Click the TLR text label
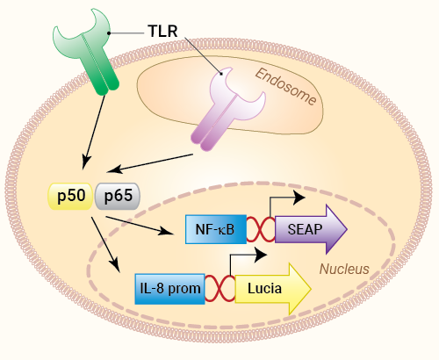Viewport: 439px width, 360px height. [x=162, y=31]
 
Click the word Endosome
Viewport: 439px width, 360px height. [x=286, y=87]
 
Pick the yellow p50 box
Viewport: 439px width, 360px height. [x=70, y=196]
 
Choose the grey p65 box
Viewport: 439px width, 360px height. [x=118, y=196]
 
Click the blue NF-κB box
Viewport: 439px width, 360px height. [x=216, y=229]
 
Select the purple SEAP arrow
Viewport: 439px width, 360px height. [x=311, y=229]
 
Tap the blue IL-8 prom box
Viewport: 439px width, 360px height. [x=169, y=289]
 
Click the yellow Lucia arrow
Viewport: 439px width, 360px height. [x=273, y=289]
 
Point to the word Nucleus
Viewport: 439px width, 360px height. [x=344, y=269]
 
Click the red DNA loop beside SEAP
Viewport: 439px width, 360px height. [x=261, y=229]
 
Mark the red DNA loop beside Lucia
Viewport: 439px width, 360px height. [x=219, y=289]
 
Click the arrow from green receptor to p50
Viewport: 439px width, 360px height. [x=94, y=133]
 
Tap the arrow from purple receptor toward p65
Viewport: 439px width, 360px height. [x=149, y=163]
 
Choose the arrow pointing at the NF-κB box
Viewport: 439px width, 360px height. [x=140, y=226]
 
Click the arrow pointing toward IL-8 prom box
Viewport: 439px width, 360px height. [x=105, y=245]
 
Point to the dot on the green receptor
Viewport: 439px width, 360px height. [x=109, y=33]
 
